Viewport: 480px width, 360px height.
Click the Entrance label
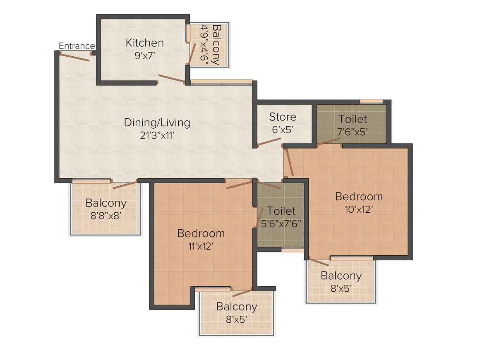77,46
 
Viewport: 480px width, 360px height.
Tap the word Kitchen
145,43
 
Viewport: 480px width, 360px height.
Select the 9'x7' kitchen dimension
145,55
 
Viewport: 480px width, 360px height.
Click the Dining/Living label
157,122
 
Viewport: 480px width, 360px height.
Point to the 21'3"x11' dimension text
157,134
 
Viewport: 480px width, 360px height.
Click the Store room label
283,117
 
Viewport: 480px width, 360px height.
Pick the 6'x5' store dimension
283,129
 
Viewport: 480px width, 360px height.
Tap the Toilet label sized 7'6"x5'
353,119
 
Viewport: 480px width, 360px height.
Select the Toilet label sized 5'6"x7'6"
281,211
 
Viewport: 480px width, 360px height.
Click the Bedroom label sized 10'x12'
359,196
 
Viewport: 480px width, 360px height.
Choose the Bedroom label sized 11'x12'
201,233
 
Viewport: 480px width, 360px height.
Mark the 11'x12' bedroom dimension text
201,246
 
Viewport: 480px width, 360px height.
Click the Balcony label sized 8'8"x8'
106,203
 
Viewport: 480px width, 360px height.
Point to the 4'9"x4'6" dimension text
204,45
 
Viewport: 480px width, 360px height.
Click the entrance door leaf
74,57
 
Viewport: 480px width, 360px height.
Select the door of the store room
269,142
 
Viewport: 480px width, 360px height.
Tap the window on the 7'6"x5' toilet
371,101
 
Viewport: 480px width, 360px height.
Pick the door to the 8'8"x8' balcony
125,185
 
